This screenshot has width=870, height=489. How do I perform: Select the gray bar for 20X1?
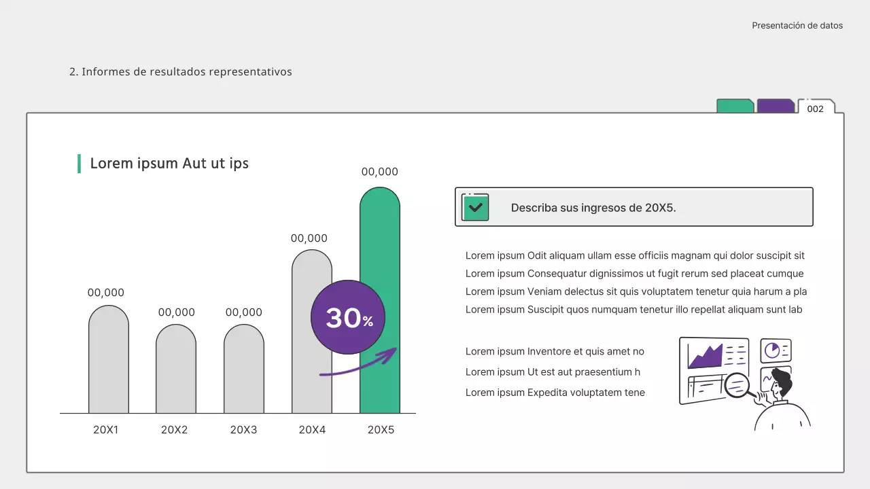(x=109, y=360)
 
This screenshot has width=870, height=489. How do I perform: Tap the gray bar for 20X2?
(x=176, y=370)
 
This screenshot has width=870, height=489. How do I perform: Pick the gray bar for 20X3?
(x=244, y=370)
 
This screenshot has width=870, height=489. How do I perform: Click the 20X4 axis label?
(x=312, y=430)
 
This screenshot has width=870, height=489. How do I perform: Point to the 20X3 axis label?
(x=244, y=430)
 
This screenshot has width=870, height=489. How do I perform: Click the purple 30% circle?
(x=347, y=317)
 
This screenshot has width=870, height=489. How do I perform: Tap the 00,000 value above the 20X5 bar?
(x=380, y=172)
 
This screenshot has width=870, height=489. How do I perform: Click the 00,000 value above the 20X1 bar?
(x=106, y=293)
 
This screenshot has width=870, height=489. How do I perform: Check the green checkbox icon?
(x=475, y=207)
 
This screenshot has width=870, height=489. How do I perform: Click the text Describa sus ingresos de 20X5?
(x=593, y=208)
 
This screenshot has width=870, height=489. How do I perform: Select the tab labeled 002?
(x=815, y=109)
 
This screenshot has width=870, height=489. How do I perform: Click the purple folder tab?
(x=776, y=106)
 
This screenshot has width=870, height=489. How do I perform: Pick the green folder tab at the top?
(x=735, y=106)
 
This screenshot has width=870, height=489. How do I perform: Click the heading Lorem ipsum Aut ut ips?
(x=169, y=164)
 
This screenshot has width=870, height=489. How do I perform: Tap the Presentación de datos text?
(x=797, y=26)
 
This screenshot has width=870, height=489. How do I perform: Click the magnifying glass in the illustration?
(x=737, y=385)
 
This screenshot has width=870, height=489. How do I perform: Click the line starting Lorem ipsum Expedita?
(x=555, y=393)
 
